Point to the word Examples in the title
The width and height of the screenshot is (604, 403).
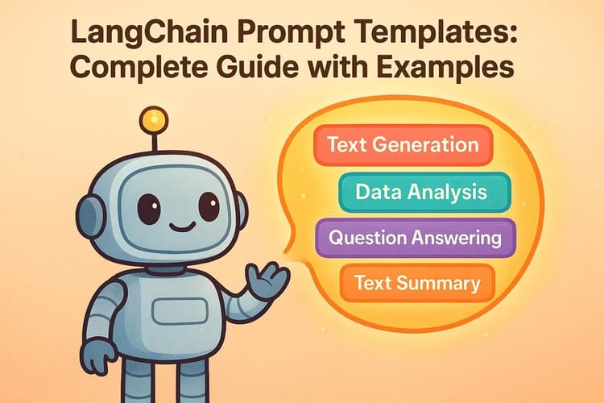click(452, 71)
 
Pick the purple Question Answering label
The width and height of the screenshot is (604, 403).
click(416, 238)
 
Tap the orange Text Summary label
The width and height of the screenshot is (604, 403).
click(416, 283)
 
